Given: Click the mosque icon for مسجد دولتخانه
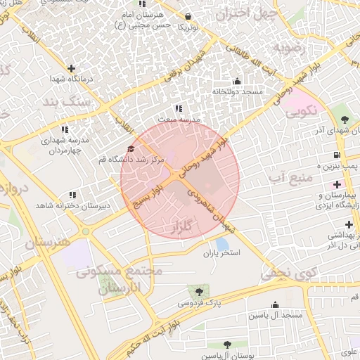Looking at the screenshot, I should (x=236, y=81).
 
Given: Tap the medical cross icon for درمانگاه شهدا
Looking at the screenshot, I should (x=71, y=68).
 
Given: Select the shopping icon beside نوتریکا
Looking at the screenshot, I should (x=188, y=16).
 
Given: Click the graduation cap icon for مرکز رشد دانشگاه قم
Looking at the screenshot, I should (x=130, y=148).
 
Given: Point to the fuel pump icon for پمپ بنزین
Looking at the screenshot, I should (x=337, y=155).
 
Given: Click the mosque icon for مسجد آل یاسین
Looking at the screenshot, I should (x=275, y=305).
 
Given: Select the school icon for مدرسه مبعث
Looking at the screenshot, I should (x=179, y=109).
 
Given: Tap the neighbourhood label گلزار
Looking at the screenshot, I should (x=181, y=227).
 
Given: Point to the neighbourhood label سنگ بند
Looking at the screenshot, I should (x=87, y=102).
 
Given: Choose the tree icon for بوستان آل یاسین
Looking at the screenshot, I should (x=226, y=345).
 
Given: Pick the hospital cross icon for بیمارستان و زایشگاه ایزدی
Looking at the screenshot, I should (x=337, y=184).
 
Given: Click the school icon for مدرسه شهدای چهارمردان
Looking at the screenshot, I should (x=65, y=129).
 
